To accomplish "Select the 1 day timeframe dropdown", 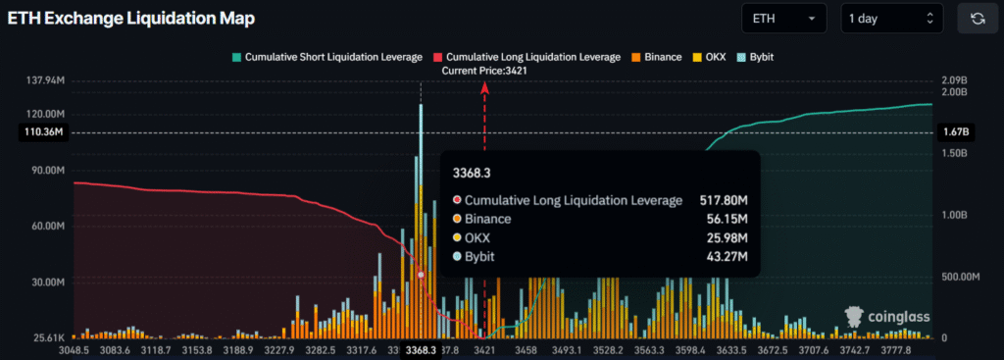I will pos(891,19).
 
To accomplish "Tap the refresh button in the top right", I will pos(977,19).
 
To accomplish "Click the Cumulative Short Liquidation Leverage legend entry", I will pos(326,57).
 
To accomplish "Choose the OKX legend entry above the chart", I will pos(712,57).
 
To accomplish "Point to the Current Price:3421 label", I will pos(483,71).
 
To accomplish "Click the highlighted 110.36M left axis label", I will pos(42,132).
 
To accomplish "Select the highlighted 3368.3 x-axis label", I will pos(421,349).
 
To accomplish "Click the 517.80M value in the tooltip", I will pos(724,200).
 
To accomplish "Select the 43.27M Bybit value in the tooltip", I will pos(728,257).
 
